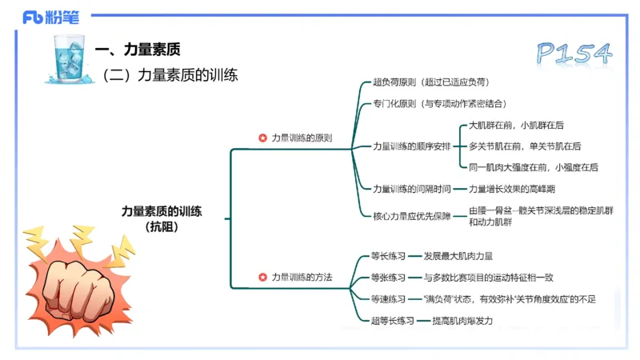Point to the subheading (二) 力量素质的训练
(x=170, y=75)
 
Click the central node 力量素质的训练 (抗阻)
(x=162, y=218)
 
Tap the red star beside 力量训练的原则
(x=262, y=138)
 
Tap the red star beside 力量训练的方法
(x=262, y=277)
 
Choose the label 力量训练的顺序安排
(x=411, y=146)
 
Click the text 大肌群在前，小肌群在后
(x=516, y=126)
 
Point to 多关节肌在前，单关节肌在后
(x=524, y=146)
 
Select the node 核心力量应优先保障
(x=411, y=215)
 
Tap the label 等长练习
(x=388, y=257)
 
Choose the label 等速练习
(x=388, y=299)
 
